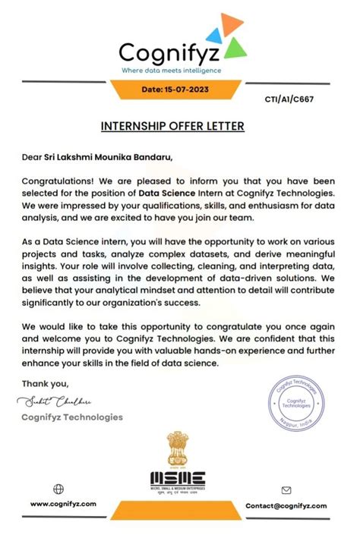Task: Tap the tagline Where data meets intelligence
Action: pos(172,70)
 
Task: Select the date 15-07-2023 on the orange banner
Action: pos(181,90)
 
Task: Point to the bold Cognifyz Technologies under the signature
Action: pos(72,417)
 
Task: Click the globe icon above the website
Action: pos(58,489)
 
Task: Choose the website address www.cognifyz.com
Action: pos(63,504)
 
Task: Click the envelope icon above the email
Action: pos(286,490)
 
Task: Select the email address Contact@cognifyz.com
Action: pos(286,505)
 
